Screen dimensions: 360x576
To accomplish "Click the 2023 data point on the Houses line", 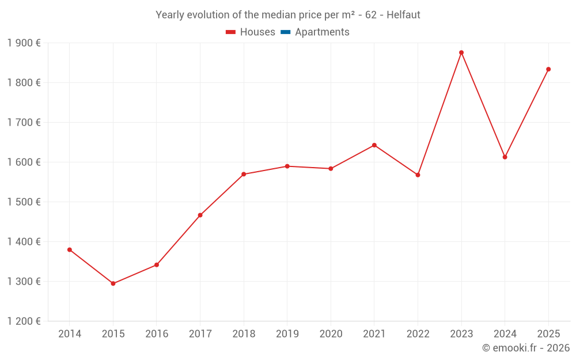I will pyautogui.click(x=461, y=52).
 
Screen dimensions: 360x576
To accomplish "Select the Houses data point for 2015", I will pyautogui.click(x=113, y=283).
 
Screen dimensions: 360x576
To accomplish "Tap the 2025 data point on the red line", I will pyautogui.click(x=548, y=69).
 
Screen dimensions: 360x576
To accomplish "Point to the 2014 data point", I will pyautogui.click(x=70, y=249).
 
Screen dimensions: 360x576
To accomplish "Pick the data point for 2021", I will pyautogui.click(x=374, y=145).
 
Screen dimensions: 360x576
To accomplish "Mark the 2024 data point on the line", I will pyautogui.click(x=505, y=157).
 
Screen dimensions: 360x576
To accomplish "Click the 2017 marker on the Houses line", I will pyautogui.click(x=200, y=215).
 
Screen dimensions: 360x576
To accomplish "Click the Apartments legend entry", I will pyautogui.click(x=322, y=32).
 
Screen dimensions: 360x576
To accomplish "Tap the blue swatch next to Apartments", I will pyautogui.click(x=285, y=32).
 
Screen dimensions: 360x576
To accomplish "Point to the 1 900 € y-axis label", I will pyautogui.click(x=24, y=43).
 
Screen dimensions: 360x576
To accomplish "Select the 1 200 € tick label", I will pyautogui.click(x=24, y=321).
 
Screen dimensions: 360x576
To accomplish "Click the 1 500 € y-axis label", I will pyautogui.click(x=24, y=202).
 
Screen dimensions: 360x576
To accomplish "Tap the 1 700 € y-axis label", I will pyautogui.click(x=24, y=123).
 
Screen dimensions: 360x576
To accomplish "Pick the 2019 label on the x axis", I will pyautogui.click(x=287, y=334).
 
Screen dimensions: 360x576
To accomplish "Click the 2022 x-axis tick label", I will pyautogui.click(x=418, y=334).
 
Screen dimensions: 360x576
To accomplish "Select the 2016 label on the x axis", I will pyautogui.click(x=157, y=334).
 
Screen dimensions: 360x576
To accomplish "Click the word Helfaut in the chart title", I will pyautogui.click(x=403, y=15).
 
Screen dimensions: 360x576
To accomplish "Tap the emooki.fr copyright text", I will pyautogui.click(x=526, y=348).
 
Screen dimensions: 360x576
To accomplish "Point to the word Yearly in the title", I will pyautogui.click(x=170, y=15).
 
